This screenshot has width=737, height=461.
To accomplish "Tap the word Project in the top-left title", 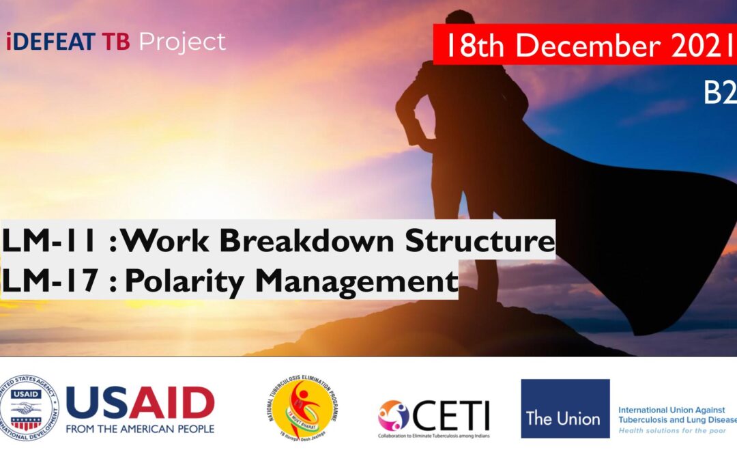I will (182, 42).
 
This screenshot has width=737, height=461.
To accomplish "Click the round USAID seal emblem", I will (30, 408).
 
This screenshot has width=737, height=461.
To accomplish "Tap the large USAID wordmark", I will (140, 402).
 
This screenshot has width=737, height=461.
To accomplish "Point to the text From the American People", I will (140, 429).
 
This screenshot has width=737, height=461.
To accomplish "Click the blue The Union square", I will (565, 408).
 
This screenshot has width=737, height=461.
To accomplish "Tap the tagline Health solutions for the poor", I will (673, 431).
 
